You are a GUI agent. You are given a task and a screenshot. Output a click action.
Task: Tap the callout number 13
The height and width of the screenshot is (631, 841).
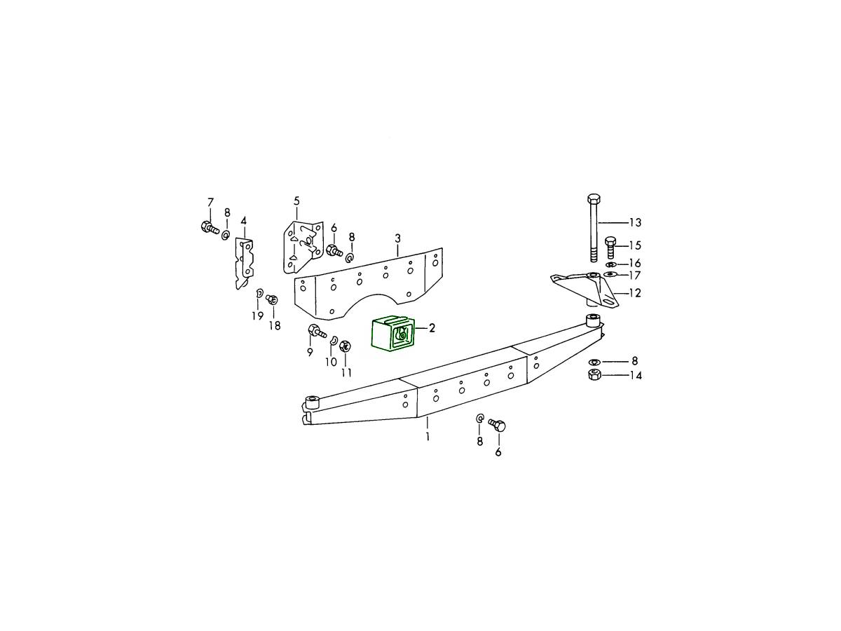click(x=635, y=222)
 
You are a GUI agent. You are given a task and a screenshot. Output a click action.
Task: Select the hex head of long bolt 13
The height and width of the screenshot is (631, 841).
click(x=593, y=199)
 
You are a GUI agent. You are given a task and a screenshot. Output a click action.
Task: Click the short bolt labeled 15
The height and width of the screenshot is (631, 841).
click(x=610, y=247)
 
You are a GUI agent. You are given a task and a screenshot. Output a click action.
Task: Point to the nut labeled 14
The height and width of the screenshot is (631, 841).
click(x=594, y=374)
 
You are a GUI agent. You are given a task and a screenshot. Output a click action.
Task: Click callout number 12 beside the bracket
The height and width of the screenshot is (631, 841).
click(x=634, y=293)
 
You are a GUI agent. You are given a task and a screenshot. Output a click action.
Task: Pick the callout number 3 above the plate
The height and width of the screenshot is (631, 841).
click(x=397, y=238)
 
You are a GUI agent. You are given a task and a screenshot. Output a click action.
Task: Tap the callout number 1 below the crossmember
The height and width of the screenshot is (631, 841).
click(x=428, y=436)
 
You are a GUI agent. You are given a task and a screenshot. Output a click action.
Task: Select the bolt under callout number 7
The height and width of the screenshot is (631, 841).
click(x=209, y=228)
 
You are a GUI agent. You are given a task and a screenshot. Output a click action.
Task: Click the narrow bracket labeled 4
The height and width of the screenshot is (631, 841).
click(x=244, y=263)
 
